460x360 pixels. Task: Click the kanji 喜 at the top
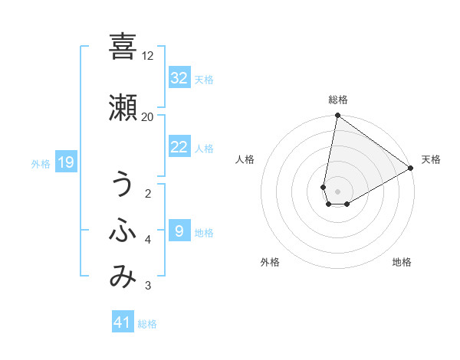122,47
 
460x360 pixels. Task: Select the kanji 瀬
122,106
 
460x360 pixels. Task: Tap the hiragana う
122,184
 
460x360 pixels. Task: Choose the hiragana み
122,277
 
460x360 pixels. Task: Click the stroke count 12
148,56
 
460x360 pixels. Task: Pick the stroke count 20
148,116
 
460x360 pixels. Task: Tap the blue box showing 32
179,78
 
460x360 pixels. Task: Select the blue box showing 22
179,147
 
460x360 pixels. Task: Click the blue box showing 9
179,231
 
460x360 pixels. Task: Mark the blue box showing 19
65,162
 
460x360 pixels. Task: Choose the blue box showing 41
122,322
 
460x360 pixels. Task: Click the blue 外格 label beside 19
40,163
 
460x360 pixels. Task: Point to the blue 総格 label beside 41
147,324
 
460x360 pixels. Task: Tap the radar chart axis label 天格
431,159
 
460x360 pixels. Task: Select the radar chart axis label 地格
402,262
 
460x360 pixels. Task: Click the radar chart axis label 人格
245,159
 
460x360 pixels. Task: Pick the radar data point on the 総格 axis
337,116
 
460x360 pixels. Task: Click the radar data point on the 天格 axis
411,168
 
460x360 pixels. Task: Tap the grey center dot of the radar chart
337,191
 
